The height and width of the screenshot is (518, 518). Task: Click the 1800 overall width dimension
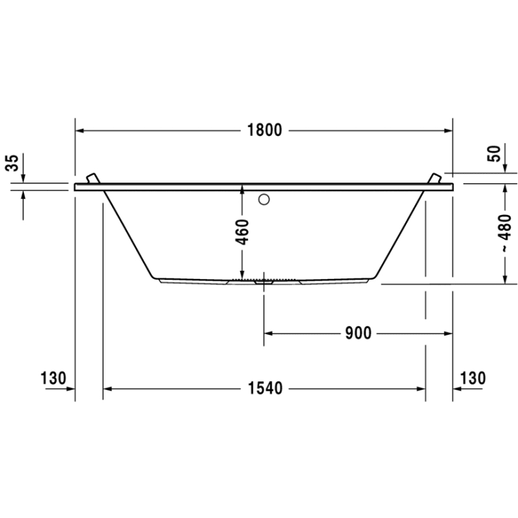[x=264, y=130]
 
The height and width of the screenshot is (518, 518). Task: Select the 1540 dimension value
[x=264, y=388]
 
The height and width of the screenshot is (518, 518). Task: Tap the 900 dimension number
[x=358, y=333]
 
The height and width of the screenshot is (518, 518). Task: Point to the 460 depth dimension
[x=242, y=231]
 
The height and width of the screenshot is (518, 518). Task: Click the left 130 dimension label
[x=53, y=378]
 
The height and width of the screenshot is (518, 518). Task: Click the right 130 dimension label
[x=473, y=378]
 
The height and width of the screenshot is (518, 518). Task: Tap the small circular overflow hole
[x=264, y=199]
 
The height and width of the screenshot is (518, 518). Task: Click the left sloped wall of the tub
[x=129, y=233]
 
